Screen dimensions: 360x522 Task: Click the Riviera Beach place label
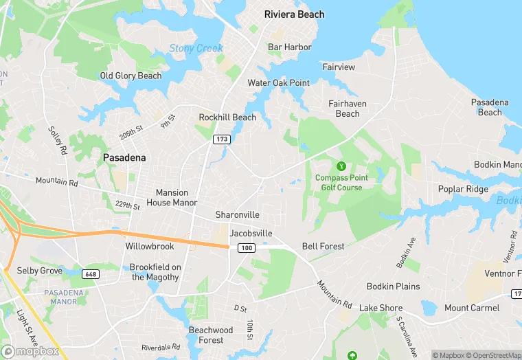[294, 14]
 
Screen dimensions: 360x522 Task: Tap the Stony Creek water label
[196, 48]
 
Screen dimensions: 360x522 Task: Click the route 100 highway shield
[247, 247]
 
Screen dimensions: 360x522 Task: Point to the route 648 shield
[89, 273]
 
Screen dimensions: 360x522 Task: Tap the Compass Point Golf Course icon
[341, 166]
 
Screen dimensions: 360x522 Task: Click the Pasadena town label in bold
[124, 158]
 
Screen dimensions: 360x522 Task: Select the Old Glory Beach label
[130, 76]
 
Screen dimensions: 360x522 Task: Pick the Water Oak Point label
[278, 83]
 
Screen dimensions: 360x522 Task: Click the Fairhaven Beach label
[348, 109]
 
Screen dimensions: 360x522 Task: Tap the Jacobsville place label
[251, 234]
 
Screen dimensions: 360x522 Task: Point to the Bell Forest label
[323, 246]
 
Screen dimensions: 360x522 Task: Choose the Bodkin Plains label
[393, 286]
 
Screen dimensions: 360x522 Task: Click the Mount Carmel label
[472, 308]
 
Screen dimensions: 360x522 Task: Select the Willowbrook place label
[150, 246]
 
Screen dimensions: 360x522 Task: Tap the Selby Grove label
[40, 271]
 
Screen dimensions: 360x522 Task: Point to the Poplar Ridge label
[463, 190]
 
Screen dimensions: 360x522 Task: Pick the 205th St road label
[130, 132]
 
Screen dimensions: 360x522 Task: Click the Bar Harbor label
[289, 47]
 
